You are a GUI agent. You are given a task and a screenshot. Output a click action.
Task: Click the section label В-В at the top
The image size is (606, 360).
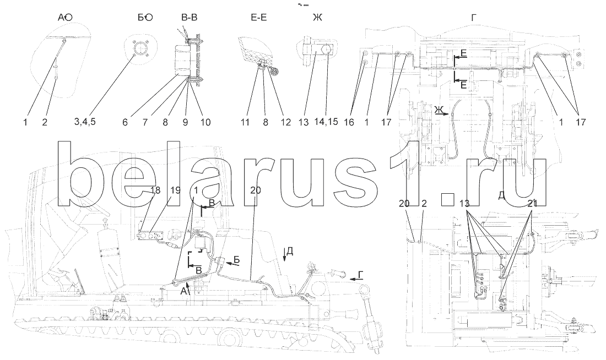click(x=190, y=18)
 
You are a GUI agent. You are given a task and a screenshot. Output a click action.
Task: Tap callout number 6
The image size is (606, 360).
click(x=125, y=122)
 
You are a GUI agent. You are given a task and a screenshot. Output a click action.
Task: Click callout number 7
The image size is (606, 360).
click(x=144, y=122)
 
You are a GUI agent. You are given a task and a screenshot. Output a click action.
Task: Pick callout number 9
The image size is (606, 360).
click(x=184, y=122)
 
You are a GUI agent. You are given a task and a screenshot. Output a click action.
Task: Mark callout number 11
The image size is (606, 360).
click(x=245, y=122)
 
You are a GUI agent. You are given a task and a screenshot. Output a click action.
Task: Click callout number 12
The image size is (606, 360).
click(x=285, y=122)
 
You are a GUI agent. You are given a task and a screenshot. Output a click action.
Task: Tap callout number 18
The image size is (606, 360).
click(x=155, y=190)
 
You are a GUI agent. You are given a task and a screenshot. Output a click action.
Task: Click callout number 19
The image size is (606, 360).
click(x=175, y=190)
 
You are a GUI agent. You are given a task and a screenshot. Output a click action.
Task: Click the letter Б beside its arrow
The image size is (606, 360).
click(x=236, y=259)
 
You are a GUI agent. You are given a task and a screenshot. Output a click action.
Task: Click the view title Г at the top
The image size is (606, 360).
click(x=474, y=18)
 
